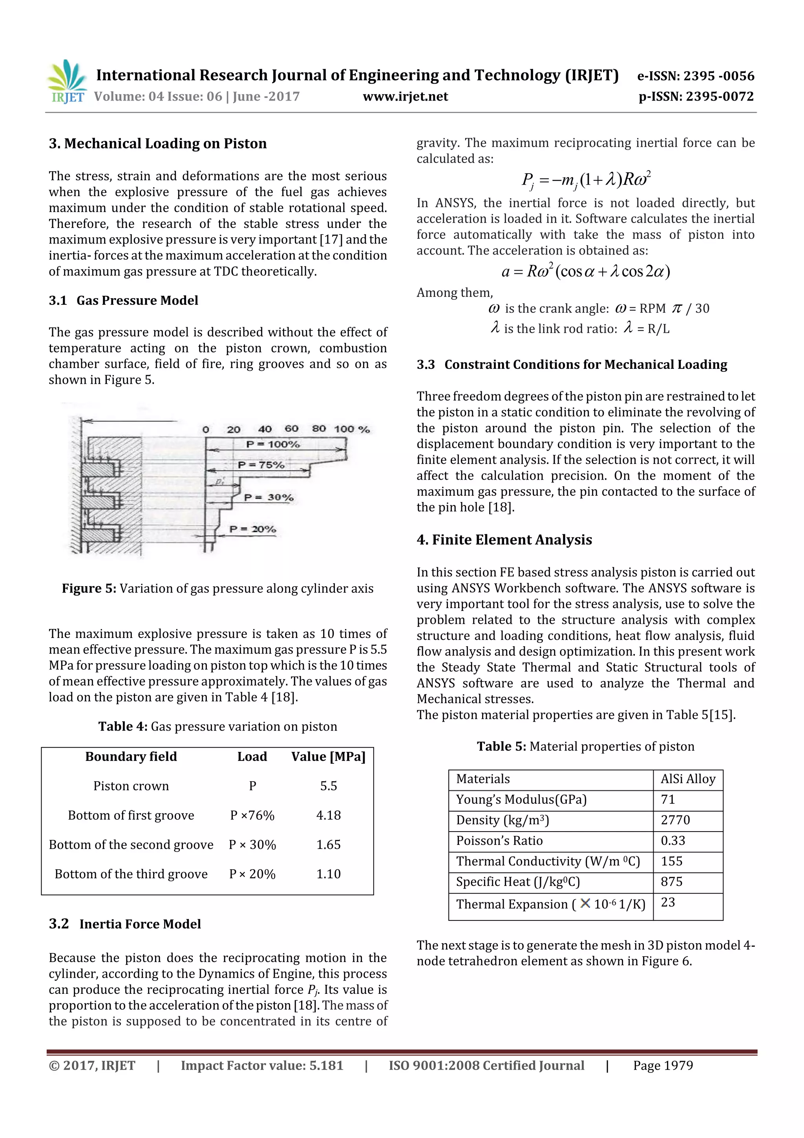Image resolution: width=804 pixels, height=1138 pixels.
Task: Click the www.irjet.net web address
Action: [x=405, y=97]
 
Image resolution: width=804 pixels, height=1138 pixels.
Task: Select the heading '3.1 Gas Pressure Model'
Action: [x=123, y=301]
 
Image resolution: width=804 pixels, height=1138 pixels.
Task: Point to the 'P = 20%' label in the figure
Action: [x=253, y=530]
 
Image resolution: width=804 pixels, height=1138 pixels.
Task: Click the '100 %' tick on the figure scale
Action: [x=351, y=429]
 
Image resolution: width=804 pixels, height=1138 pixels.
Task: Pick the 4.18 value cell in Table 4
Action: [x=329, y=815]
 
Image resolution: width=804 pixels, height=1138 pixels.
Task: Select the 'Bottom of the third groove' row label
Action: [x=131, y=874]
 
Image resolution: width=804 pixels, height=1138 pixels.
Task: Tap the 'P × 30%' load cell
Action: [x=252, y=845]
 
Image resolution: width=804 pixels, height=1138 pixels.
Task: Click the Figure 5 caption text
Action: [x=217, y=588]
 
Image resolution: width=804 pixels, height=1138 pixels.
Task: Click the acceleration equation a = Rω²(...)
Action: [x=586, y=271]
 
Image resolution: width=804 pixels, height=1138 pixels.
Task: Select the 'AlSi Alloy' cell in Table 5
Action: [x=687, y=779]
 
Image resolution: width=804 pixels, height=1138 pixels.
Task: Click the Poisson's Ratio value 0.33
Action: [x=673, y=841]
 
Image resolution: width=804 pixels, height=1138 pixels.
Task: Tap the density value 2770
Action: [x=675, y=820]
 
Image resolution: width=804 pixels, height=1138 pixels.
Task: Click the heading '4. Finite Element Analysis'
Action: [x=504, y=540]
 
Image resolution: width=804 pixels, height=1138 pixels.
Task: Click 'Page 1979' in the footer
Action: [x=663, y=1066]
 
